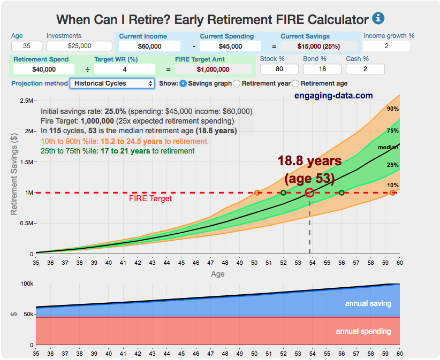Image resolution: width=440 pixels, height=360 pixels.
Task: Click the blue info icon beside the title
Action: (378, 18)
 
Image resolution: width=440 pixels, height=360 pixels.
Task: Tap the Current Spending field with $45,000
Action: (231, 47)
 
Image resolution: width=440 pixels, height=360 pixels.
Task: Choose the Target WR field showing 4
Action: (124, 69)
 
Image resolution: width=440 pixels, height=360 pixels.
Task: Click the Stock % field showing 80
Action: (279, 68)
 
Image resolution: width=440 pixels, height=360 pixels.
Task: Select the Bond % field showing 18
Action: (322, 68)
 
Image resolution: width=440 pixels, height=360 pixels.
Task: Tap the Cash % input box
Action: (365, 68)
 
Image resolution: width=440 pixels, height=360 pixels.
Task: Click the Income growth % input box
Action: (390, 46)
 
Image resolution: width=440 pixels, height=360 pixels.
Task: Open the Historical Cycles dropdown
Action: (112, 83)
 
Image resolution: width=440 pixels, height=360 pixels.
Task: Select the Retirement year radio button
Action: (238, 83)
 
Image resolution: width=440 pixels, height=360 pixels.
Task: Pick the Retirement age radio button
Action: (304, 83)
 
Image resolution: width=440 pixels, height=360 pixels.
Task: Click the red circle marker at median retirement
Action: (309, 193)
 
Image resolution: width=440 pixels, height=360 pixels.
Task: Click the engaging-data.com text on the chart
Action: (333, 96)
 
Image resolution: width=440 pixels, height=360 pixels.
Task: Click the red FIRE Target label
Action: (150, 199)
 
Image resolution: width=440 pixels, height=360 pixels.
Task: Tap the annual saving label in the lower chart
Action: (368, 303)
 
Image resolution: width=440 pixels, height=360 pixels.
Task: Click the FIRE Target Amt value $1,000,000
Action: (213, 69)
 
